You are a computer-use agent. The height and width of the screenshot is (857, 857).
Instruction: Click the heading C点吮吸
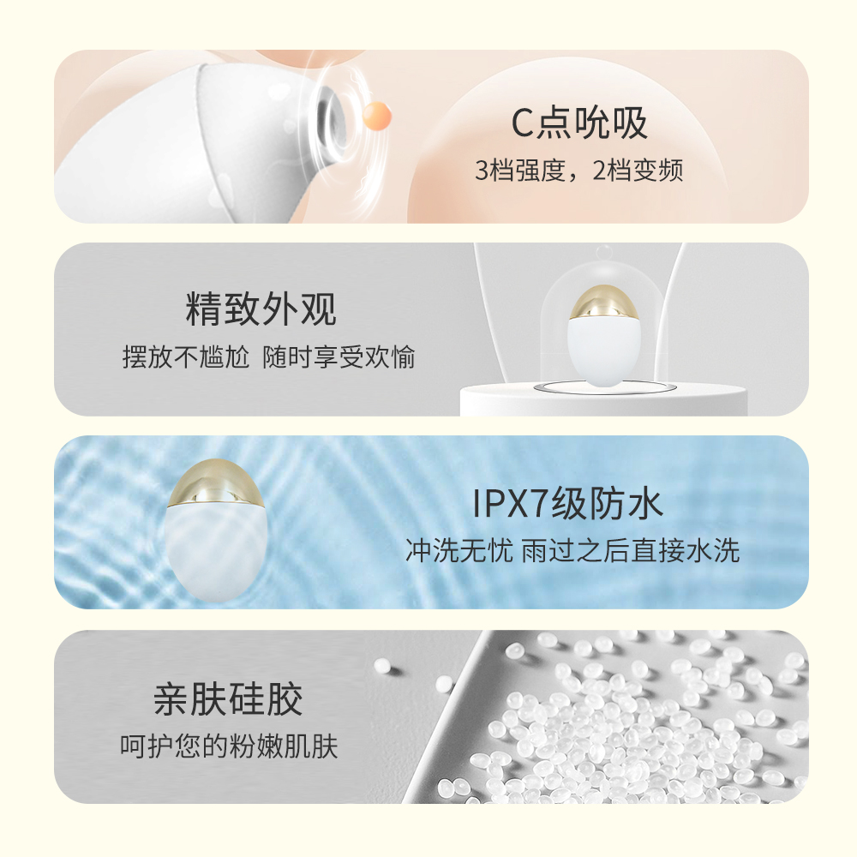point(579,123)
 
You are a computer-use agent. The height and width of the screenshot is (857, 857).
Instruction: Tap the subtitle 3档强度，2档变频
point(578,171)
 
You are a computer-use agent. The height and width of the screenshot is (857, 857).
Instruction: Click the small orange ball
point(377,116)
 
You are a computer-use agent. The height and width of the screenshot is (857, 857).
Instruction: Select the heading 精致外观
point(261,309)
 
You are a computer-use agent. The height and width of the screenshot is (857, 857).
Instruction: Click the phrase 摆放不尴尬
point(186,357)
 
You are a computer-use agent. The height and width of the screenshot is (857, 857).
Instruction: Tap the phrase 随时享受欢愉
point(339,357)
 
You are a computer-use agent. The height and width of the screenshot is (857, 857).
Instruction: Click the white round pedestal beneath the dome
point(603,400)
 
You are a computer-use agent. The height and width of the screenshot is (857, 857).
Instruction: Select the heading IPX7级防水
point(567,503)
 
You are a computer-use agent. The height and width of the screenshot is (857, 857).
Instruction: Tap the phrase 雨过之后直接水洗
point(631,550)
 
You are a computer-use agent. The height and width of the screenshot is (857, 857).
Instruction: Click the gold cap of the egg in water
point(216,482)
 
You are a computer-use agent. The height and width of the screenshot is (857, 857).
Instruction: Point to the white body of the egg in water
point(217,552)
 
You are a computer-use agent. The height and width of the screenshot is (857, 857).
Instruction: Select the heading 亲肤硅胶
point(228,699)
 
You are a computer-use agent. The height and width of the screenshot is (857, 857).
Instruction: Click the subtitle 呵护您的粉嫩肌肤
point(229,746)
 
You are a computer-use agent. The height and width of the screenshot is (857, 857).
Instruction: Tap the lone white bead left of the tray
point(383,665)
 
